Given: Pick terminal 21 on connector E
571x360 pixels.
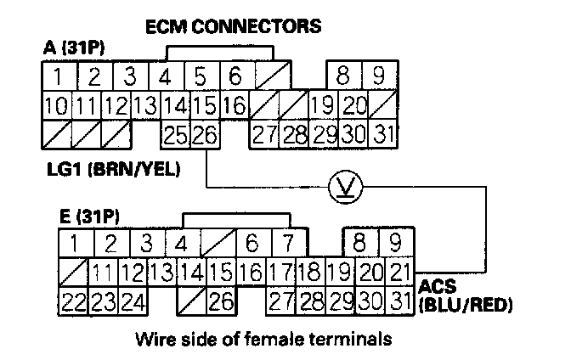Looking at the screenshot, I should click(397, 273).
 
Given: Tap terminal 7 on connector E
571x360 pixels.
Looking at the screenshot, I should click(287, 245).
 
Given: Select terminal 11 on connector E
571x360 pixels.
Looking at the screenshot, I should click(104, 273).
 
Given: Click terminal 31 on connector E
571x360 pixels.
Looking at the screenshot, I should click(397, 300).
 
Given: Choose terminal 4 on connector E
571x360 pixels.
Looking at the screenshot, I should click(181, 245).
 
